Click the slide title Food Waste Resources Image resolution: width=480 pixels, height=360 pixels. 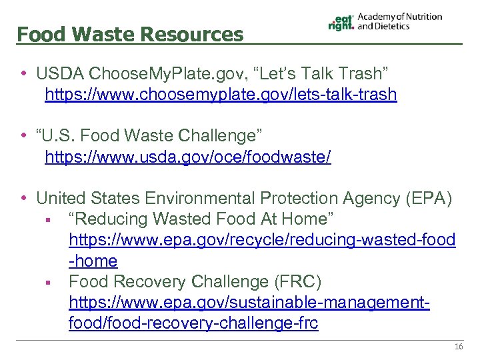pyautogui.click(x=130, y=34)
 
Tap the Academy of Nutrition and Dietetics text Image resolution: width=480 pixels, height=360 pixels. pyautogui.click(x=399, y=21)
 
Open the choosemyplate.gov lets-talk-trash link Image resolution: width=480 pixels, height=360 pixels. pyautogui.click(x=221, y=95)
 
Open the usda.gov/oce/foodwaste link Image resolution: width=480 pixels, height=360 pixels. pyautogui.click(x=187, y=157)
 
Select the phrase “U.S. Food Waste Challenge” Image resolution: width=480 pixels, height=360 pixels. pyautogui.click(x=149, y=136)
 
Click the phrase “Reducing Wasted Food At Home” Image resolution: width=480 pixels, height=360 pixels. pyautogui.click(x=201, y=219)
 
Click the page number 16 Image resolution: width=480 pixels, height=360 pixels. pyautogui.click(x=458, y=347)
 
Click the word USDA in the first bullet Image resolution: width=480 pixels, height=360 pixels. pyautogui.click(x=60, y=73)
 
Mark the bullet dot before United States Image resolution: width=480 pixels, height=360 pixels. pyautogui.click(x=24, y=198)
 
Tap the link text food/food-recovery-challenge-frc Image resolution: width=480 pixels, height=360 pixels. pyautogui.click(x=193, y=324)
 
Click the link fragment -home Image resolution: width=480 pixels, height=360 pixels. pyautogui.click(x=93, y=261)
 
